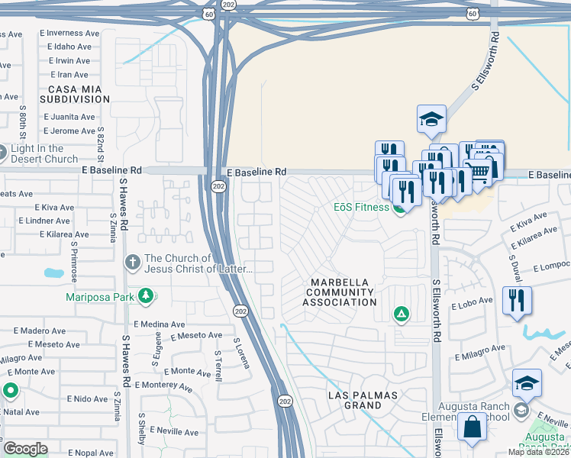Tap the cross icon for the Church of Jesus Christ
(x=133, y=263)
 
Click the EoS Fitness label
(x=361, y=207)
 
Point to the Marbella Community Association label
(x=340, y=292)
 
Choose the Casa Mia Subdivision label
(x=75, y=94)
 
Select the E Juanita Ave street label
(x=69, y=117)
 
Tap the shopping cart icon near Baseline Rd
(x=479, y=173)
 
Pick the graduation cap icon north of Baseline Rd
(x=431, y=119)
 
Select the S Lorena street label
(x=242, y=353)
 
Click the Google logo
(x=25, y=448)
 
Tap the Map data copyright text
(x=538, y=452)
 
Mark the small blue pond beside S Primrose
(x=54, y=273)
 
